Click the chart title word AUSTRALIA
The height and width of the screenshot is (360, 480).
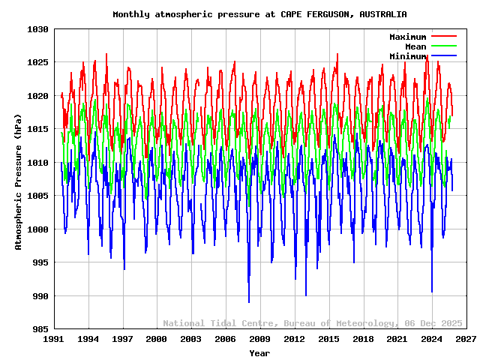point(382,14)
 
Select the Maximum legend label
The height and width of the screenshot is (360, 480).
point(407,37)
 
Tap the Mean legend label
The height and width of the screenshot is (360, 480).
point(415,46)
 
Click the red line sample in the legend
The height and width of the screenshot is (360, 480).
point(444,37)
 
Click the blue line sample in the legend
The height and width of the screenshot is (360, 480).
point(444,56)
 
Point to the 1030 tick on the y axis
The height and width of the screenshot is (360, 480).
point(38,29)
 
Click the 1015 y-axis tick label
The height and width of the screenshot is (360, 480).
point(38,129)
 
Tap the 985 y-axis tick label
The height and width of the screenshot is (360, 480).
point(40,329)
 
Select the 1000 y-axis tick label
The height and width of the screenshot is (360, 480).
point(38,229)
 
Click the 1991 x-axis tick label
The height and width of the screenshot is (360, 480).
point(54,339)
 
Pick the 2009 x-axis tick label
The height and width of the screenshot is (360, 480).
point(260,339)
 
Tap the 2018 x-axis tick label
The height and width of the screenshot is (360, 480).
point(363,339)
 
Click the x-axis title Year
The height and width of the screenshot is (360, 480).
point(259,352)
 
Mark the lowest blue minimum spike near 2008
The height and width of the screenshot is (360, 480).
point(249,301)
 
